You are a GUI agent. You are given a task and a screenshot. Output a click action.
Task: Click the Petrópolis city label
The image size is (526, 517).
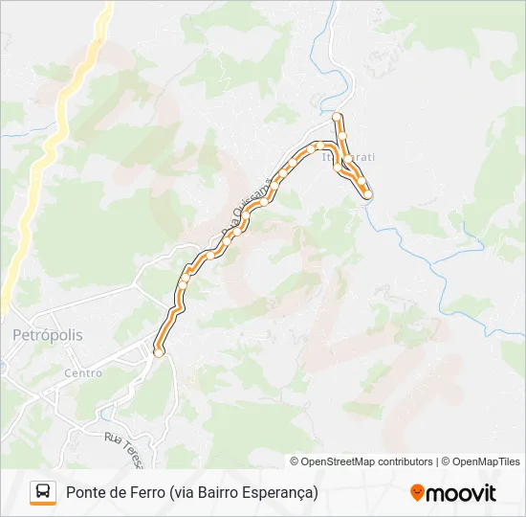48,336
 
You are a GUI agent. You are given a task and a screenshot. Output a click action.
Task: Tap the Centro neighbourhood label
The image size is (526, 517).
82,373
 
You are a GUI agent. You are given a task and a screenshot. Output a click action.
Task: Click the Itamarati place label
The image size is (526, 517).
349,155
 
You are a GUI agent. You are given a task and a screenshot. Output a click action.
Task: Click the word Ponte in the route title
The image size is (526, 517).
86,493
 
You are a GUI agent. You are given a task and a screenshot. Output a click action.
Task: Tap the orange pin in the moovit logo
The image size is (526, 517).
417,493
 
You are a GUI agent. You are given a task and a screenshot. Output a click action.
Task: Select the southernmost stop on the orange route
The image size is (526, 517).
159,353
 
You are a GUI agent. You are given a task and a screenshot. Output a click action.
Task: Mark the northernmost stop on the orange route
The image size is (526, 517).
337,117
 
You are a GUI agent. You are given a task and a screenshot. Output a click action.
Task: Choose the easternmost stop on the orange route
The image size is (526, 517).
368,195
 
